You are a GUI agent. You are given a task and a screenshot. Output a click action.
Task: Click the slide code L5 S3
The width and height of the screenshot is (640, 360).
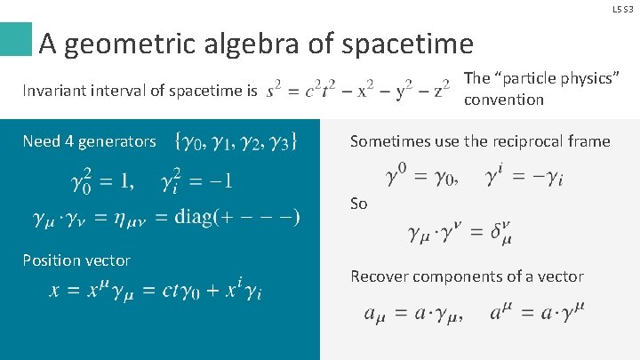(x=624, y=8)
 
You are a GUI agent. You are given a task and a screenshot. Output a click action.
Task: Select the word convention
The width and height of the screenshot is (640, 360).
(x=503, y=100)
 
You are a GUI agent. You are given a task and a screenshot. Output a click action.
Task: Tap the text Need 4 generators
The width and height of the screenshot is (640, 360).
(x=89, y=141)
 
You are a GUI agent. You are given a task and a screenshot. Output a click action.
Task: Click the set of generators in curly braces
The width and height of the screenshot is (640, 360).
(x=236, y=140)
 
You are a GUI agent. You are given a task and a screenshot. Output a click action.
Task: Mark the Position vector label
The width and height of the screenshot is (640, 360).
(x=76, y=260)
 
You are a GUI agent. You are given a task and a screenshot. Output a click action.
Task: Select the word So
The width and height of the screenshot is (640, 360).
(x=358, y=204)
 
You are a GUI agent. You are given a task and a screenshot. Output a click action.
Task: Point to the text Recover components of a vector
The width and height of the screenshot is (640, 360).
(x=467, y=276)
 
